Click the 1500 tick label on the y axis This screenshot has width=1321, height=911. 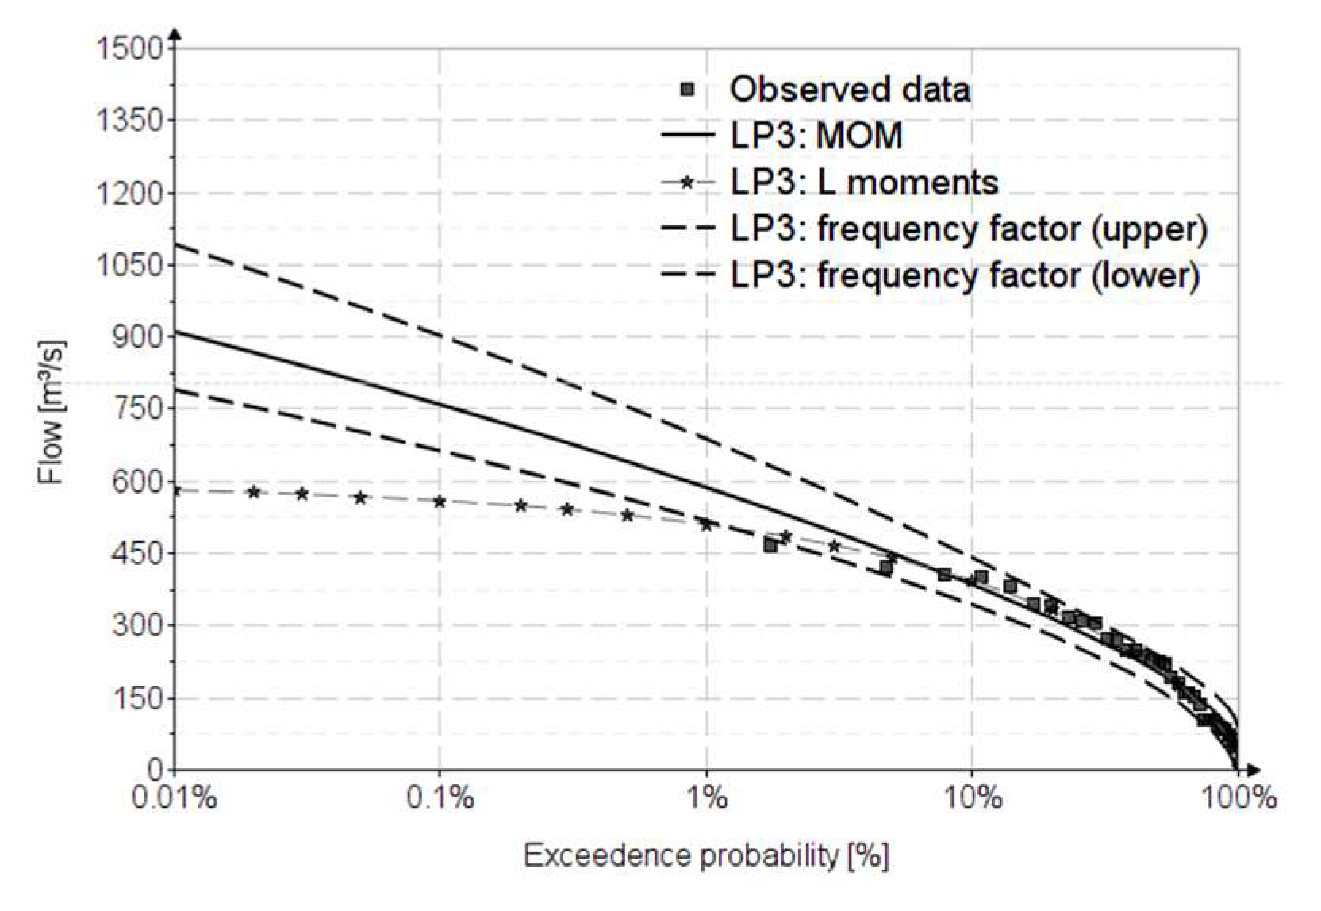pyautogui.click(x=129, y=49)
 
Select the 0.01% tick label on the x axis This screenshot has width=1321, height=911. pyautogui.click(x=175, y=797)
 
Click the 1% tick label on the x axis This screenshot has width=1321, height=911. pyautogui.click(x=706, y=797)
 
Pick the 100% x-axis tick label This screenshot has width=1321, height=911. pyautogui.click(x=1238, y=797)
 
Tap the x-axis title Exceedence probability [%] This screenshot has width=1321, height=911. pyautogui.click(x=706, y=855)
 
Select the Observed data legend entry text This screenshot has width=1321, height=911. pyautogui.click(x=850, y=89)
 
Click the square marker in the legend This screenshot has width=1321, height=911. pyautogui.click(x=687, y=89)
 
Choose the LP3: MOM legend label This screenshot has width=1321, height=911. pyautogui.click(x=816, y=136)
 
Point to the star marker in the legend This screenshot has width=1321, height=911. pyautogui.click(x=687, y=183)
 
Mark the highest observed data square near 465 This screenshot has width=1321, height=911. pyautogui.click(x=770, y=545)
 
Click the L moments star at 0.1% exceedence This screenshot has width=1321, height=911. pyautogui.click(x=440, y=502)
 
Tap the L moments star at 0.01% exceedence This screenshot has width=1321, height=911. pyautogui.click(x=176, y=490)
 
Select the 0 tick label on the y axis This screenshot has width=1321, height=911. pyautogui.click(x=156, y=769)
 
